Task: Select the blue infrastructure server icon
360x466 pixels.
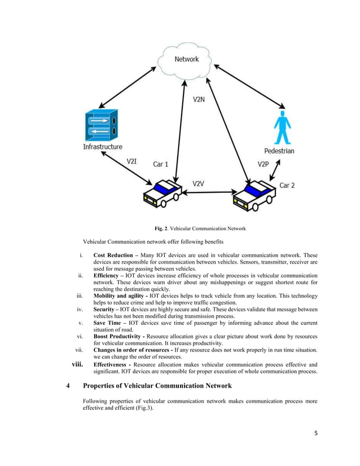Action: pos(102,125)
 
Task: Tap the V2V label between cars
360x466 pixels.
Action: pos(200,184)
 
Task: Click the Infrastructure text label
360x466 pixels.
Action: pos(103,147)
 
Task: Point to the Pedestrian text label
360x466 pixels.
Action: pos(279,151)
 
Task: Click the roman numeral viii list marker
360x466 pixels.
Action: pos(78,364)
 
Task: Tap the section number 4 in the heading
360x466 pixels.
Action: pos(68,386)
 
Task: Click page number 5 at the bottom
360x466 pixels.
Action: pos(316,433)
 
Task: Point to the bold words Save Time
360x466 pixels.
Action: pos(108,323)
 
